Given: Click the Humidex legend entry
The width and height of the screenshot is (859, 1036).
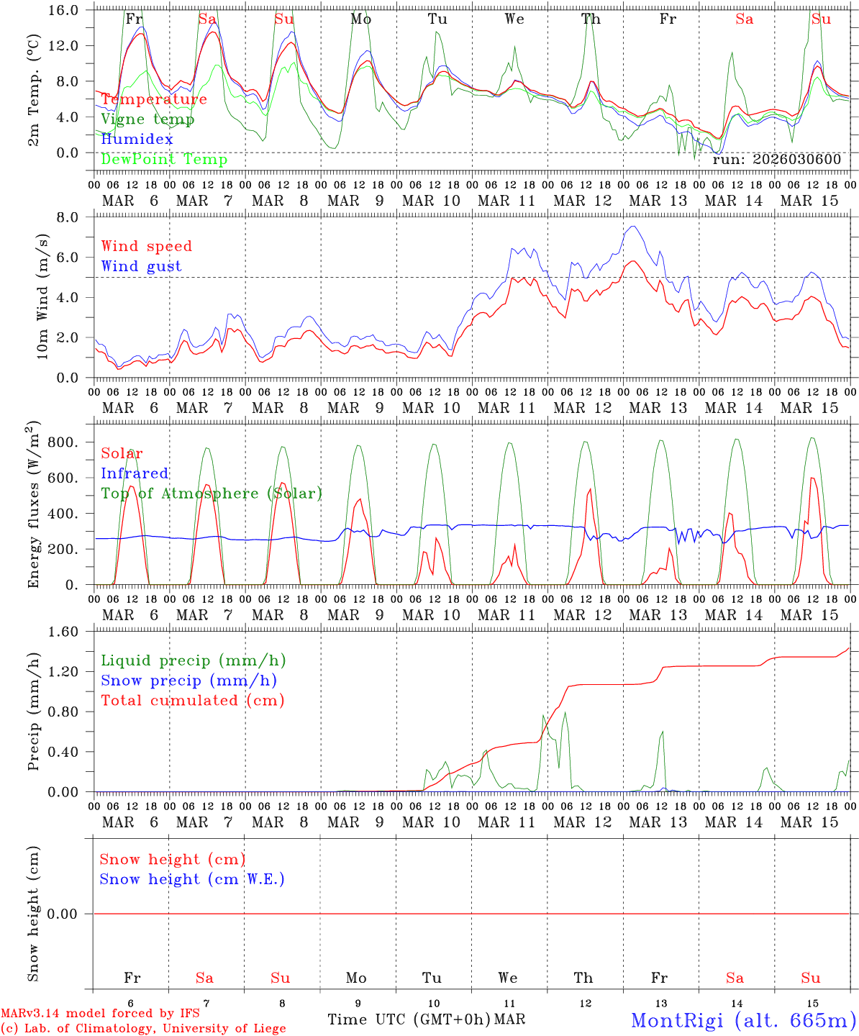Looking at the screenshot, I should [137, 139].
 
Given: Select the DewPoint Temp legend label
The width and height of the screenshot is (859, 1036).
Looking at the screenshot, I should [164, 159].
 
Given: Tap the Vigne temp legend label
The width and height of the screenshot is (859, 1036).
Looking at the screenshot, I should [147, 119].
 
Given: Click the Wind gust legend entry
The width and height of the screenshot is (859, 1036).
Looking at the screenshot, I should [141, 266].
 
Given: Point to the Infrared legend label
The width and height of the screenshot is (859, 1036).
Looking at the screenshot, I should [135, 473].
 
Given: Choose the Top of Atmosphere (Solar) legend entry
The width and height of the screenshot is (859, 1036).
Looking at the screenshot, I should [212, 494].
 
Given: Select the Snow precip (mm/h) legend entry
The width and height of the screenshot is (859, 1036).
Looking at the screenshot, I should [188, 681].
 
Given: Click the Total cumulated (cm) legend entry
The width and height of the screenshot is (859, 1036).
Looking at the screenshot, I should [192, 700].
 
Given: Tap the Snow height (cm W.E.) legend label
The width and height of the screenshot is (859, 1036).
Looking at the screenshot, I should [192, 879].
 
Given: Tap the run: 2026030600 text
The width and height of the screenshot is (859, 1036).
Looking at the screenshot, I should [776, 160].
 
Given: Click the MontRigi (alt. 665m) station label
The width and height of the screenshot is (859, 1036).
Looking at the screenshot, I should [744, 1019].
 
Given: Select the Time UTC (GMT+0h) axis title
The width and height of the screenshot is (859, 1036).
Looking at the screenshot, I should [409, 1019].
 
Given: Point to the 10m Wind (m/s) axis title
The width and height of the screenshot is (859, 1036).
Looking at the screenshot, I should [42, 296].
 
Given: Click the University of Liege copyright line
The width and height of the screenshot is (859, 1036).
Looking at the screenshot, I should [144, 1029].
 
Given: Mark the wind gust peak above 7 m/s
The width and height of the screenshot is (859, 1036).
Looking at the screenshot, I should [633, 227].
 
